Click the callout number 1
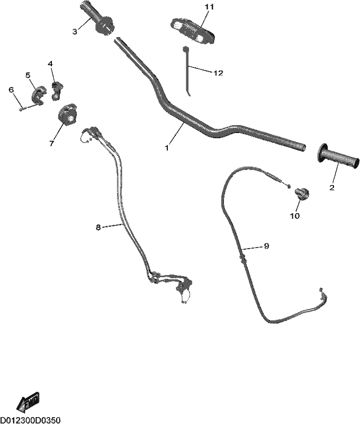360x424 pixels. (167, 148)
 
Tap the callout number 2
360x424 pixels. (332, 188)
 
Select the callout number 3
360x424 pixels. (75, 31)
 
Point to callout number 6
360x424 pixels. (11, 90)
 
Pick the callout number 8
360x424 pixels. (98, 227)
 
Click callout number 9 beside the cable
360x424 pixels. (266, 246)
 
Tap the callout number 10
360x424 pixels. (295, 216)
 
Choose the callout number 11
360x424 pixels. (209, 7)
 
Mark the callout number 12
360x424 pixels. (218, 73)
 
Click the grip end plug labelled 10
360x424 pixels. (302, 193)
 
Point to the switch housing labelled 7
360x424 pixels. (67, 114)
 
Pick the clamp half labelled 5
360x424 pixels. (37, 94)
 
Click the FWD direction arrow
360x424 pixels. (28, 403)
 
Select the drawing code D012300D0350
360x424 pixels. (30, 420)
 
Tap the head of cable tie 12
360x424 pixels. (185, 49)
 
